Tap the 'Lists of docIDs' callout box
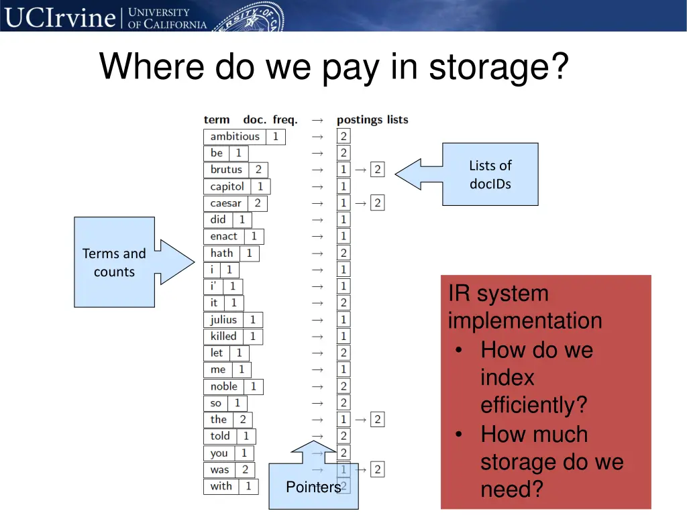pos(490,174)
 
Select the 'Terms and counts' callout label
pos(114,262)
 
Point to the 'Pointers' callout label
pos(313,487)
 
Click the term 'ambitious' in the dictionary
pos(235,137)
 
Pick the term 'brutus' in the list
pos(226,170)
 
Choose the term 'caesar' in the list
pos(226,203)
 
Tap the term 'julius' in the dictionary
pos(224,320)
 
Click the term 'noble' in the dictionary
pos(224,386)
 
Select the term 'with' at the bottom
pos(221,486)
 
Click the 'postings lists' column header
pos(372,120)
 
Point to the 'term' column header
pos(217,120)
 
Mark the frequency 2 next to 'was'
pos(245,470)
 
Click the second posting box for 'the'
pos(378,420)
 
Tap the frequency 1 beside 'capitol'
pos(260,186)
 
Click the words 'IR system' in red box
pos(498,294)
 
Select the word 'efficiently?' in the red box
pos(534,405)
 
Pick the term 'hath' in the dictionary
pos(222,253)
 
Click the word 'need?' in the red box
pos(512,490)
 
